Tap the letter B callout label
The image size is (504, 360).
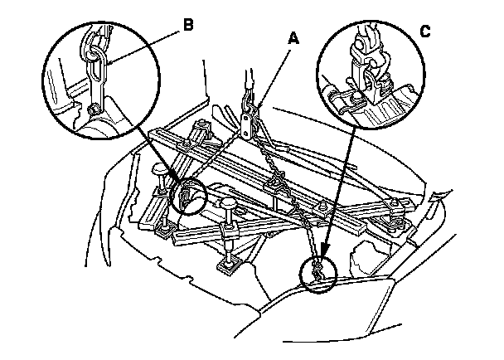click(187, 26)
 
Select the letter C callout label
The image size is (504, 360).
click(425, 32)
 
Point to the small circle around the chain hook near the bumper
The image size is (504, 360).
click(317, 273)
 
